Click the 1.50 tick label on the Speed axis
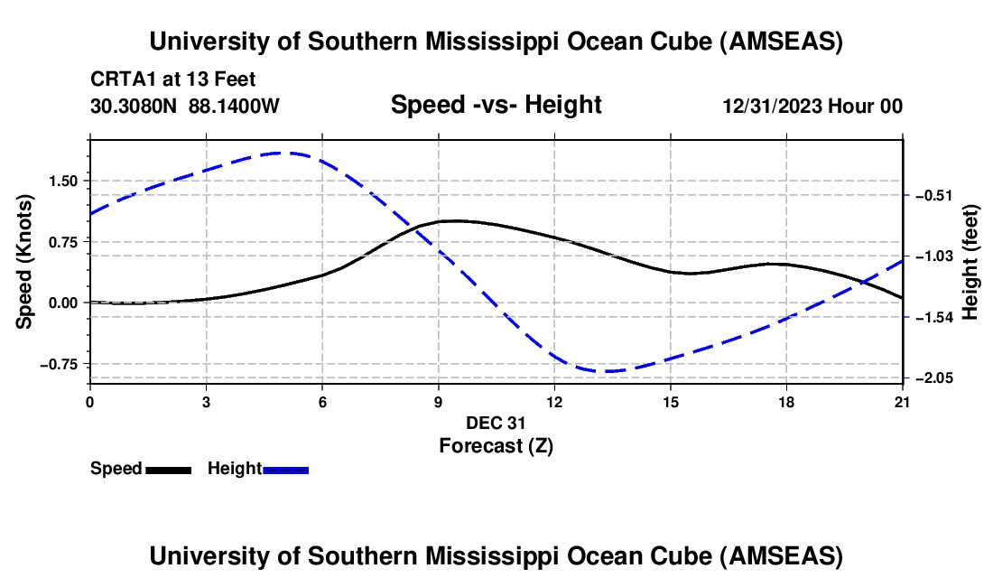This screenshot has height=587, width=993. point(62,181)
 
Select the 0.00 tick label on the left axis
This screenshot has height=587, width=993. point(62,303)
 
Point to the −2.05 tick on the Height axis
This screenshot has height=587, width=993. point(934,378)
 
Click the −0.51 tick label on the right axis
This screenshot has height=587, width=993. point(934,195)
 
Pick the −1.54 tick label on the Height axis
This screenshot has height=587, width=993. point(934,317)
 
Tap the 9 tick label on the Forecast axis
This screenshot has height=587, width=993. point(438,401)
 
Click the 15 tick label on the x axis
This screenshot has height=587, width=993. point(670,401)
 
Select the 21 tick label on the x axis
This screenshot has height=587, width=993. point(903,401)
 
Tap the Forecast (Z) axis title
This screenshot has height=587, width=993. point(496,445)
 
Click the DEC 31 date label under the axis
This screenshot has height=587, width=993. point(496,423)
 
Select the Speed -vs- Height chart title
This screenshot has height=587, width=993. point(496,106)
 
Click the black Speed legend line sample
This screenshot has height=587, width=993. point(168,470)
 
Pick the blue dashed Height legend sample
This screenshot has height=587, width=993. point(285,470)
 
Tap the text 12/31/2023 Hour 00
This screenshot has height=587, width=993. point(812,107)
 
